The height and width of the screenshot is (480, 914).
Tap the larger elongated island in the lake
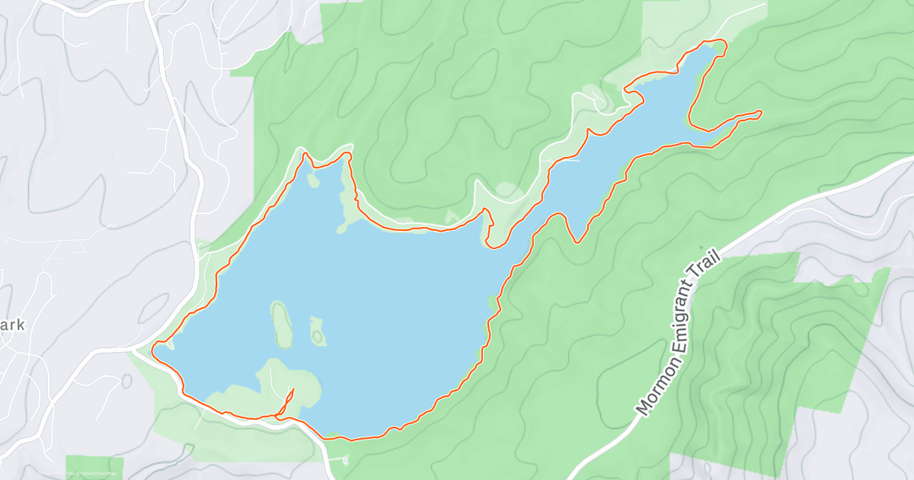[281, 324]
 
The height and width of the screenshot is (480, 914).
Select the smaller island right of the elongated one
[317, 331]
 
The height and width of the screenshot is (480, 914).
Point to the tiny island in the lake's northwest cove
[312, 181]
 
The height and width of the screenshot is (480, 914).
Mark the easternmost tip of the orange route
[761, 114]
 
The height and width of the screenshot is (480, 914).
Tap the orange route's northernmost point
[716, 40]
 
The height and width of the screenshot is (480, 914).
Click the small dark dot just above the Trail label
[701, 247]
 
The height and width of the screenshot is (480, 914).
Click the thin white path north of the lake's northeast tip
[731, 19]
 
